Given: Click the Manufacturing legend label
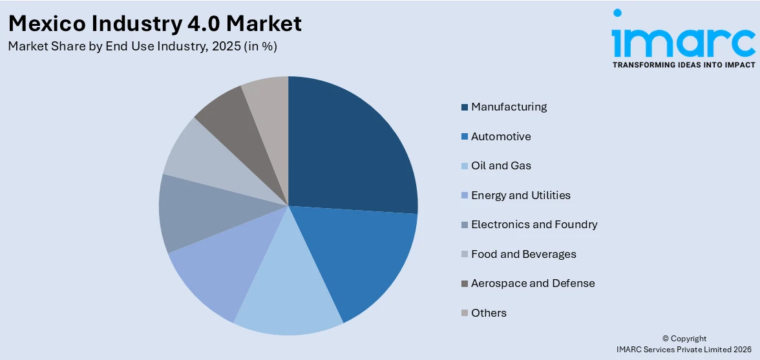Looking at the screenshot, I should pyautogui.click(x=509, y=107).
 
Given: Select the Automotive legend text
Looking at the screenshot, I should pyautogui.click(x=501, y=136).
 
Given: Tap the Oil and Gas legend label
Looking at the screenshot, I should pyautogui.click(x=501, y=165).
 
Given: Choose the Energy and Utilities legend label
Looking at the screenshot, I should pyautogui.click(x=520, y=195).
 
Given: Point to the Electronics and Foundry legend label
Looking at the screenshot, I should pyautogui.click(x=534, y=224).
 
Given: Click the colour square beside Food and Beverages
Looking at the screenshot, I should pyautogui.click(x=465, y=255).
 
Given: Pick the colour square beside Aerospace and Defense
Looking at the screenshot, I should pyautogui.click(x=465, y=284).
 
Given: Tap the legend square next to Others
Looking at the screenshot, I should pyautogui.click(x=465, y=313).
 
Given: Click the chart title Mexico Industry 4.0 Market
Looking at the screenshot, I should pyautogui.click(x=155, y=23).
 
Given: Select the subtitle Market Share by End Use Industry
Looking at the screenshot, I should pyautogui.click(x=143, y=47).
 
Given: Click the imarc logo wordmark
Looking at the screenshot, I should pyautogui.click(x=683, y=39).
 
